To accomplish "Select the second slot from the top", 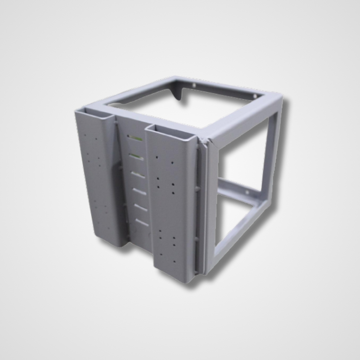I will pos(136,156).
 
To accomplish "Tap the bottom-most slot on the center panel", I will pos(142,222).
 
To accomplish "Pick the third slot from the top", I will pos(138,175).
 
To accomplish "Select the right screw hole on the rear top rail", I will pos(255,96).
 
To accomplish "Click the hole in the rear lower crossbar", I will pos(247,193).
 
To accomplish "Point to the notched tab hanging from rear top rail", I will pos(177,94).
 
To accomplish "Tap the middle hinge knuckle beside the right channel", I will pos(197,188).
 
